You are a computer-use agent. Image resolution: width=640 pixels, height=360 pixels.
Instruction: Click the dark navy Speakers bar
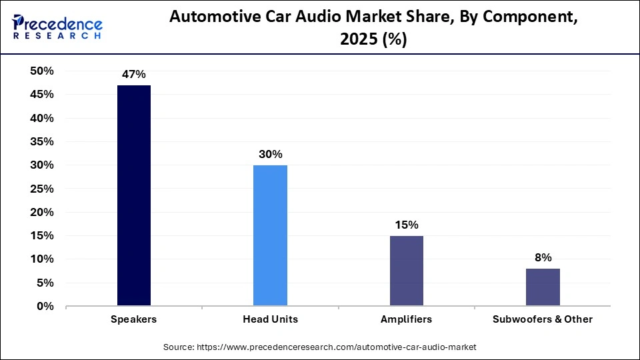click(134, 195)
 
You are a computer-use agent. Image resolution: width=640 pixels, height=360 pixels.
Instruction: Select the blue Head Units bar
click(270, 235)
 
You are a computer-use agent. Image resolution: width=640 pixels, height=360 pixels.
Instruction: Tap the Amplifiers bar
click(406, 271)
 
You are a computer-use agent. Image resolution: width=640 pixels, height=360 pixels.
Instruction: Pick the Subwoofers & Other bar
click(543, 287)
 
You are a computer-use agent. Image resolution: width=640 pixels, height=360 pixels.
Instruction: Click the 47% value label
click(134, 75)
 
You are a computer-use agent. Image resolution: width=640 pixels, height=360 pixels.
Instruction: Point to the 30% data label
click(270, 154)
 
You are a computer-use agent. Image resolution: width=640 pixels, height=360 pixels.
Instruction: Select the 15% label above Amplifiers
click(406, 225)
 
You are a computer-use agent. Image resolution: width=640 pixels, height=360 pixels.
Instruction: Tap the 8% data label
click(543, 257)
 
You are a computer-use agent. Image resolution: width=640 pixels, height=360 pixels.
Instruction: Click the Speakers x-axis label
click(134, 319)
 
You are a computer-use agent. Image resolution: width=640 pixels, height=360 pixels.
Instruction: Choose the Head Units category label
click(270, 319)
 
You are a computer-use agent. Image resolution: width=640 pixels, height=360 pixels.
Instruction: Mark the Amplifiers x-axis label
click(406, 319)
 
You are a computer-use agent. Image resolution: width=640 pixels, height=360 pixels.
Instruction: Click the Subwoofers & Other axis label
click(543, 319)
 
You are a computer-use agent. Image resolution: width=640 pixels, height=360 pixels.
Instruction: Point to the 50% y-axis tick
click(42, 71)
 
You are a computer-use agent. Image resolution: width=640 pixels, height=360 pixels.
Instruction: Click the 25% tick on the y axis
click(42, 189)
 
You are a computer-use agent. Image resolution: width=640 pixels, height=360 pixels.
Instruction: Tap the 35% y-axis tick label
click(42, 142)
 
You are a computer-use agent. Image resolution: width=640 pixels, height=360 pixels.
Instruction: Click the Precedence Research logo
click(57, 27)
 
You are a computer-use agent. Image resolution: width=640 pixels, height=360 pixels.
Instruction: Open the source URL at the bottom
click(320, 347)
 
